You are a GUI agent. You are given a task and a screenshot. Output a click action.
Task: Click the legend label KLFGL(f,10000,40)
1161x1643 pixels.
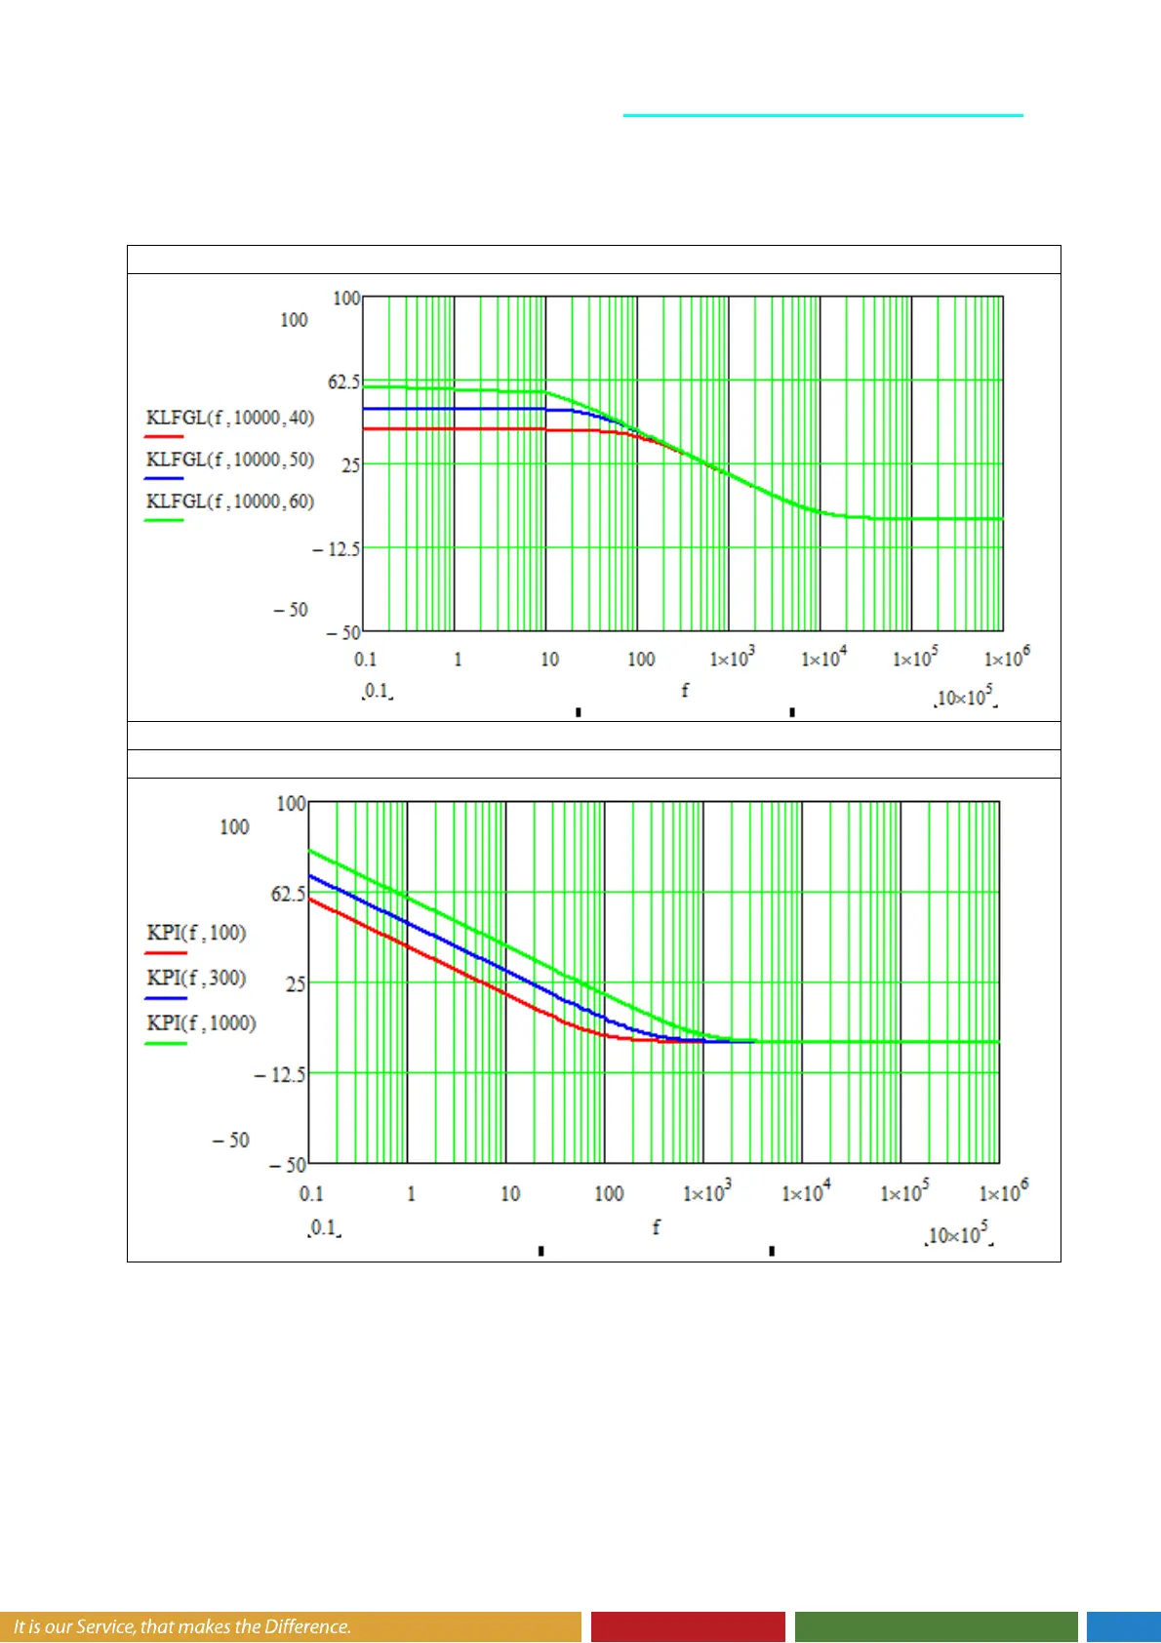pyautogui.click(x=230, y=418)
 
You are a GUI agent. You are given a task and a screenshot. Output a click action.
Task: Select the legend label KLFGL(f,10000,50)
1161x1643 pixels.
pyautogui.click(x=230, y=460)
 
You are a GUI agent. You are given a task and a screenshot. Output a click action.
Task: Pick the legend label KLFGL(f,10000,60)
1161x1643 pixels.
pyautogui.click(x=230, y=501)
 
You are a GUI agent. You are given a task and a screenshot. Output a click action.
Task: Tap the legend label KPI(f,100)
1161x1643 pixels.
pyautogui.click(x=196, y=933)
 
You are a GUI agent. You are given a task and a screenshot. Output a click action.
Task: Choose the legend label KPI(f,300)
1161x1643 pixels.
pyautogui.click(x=196, y=978)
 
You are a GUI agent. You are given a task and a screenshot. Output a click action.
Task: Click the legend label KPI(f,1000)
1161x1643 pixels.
pyautogui.click(x=201, y=1022)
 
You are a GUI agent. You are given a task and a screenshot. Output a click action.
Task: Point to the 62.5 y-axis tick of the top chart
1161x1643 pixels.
pyautogui.click(x=343, y=381)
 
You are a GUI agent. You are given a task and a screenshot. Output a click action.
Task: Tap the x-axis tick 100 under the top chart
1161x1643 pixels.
pyautogui.click(x=641, y=660)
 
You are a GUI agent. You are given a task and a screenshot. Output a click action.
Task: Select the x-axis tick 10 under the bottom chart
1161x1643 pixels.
pyautogui.click(x=510, y=1193)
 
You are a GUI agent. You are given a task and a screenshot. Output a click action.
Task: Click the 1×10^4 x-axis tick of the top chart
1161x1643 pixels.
pyautogui.click(x=824, y=659)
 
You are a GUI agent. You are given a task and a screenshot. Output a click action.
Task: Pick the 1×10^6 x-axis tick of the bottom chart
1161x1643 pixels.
pyautogui.click(x=1003, y=1192)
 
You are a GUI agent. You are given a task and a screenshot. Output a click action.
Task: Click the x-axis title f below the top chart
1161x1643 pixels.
pyautogui.click(x=685, y=691)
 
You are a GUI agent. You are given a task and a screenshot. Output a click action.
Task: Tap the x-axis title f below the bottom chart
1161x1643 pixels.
pyautogui.click(x=656, y=1227)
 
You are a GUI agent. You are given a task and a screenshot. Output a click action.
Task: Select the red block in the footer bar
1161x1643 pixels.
pyautogui.click(x=688, y=1626)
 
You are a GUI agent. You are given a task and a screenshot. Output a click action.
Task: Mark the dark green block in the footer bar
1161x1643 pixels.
pyautogui.click(x=936, y=1626)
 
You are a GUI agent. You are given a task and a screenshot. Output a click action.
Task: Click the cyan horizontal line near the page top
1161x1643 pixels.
pyautogui.click(x=822, y=115)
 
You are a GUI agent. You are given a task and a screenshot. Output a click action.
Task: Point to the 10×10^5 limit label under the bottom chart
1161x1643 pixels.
pyautogui.click(x=959, y=1235)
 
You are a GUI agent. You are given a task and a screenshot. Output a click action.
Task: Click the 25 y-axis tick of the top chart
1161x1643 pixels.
pyautogui.click(x=350, y=465)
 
